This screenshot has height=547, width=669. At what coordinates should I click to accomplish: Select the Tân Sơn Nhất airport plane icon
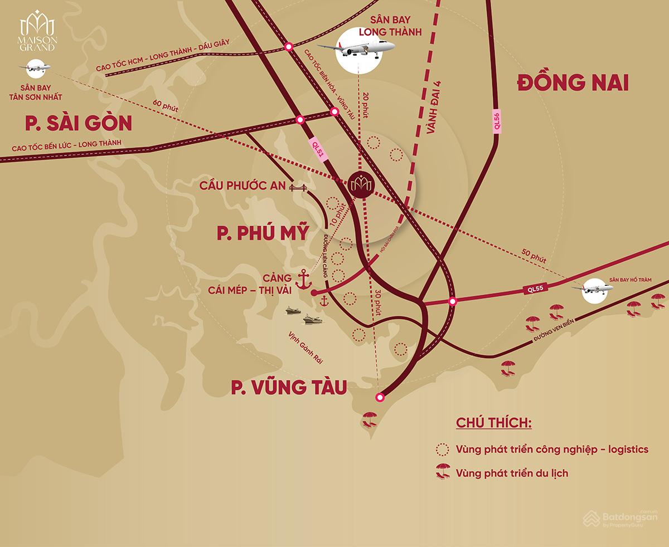(x=37, y=67)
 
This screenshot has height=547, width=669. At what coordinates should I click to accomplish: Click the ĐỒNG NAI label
(x=573, y=84)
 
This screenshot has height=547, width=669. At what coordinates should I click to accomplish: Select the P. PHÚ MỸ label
(x=262, y=234)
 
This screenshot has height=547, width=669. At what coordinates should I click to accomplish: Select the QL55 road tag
(x=537, y=289)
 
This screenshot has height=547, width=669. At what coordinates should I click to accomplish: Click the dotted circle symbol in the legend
(x=442, y=449)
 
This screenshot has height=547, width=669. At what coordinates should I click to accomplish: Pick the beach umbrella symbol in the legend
(x=442, y=473)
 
